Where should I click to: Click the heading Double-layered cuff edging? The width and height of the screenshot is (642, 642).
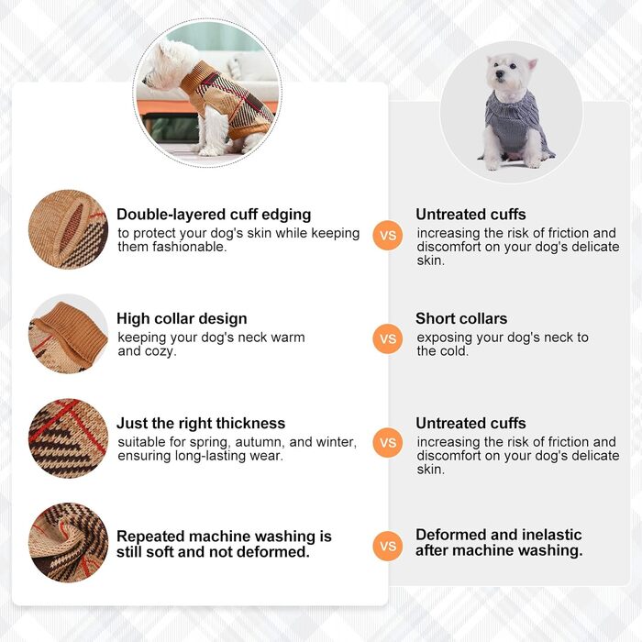(x=214, y=215)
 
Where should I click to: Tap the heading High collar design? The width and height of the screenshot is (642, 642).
(x=182, y=318)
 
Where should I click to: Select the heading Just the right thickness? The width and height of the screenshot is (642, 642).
(x=201, y=423)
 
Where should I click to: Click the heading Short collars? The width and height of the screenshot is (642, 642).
(x=461, y=318)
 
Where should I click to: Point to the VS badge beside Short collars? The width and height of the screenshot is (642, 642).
(x=388, y=338)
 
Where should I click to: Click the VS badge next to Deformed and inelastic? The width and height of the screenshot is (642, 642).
(x=388, y=546)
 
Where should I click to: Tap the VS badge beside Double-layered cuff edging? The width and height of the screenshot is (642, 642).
(x=388, y=235)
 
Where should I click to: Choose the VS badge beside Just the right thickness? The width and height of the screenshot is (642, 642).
(x=388, y=443)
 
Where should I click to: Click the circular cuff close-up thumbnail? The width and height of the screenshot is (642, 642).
(x=69, y=229)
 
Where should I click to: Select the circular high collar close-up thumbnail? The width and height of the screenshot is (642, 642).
(x=69, y=334)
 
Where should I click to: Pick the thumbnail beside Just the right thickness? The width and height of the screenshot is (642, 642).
(x=69, y=438)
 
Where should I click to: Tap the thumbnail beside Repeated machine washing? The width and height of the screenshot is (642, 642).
(x=69, y=543)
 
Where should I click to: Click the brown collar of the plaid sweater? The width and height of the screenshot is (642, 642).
(x=195, y=80)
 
